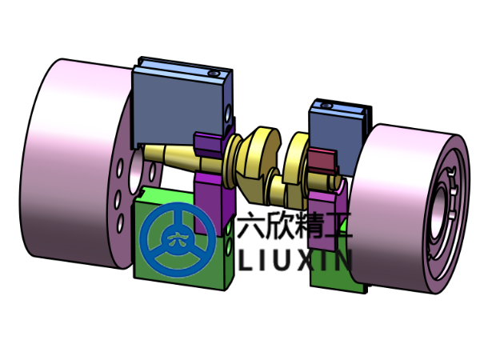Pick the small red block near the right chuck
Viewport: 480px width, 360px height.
[x=325, y=161]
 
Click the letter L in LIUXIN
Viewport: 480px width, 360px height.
[x=247, y=259]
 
